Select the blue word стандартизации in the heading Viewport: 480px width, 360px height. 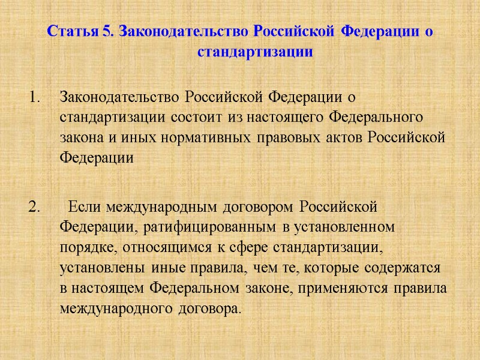click(256, 52)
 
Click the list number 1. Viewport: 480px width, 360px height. click(36, 96)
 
